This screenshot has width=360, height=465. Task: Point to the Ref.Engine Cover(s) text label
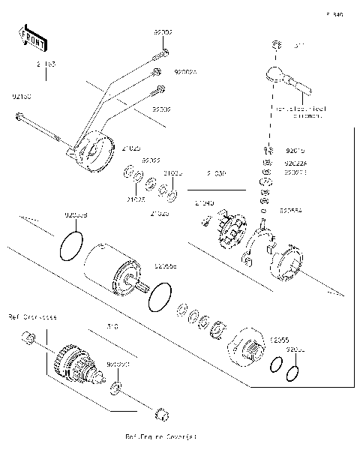(161, 436)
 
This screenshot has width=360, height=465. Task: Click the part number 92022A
(295, 161)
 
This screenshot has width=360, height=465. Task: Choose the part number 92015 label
(295, 151)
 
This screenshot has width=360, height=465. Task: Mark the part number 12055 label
(279, 339)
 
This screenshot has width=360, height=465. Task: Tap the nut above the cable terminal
(277, 44)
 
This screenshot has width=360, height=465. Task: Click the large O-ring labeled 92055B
(70, 244)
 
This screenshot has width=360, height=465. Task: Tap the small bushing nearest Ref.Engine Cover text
(160, 413)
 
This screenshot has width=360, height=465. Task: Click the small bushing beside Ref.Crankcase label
(28, 342)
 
